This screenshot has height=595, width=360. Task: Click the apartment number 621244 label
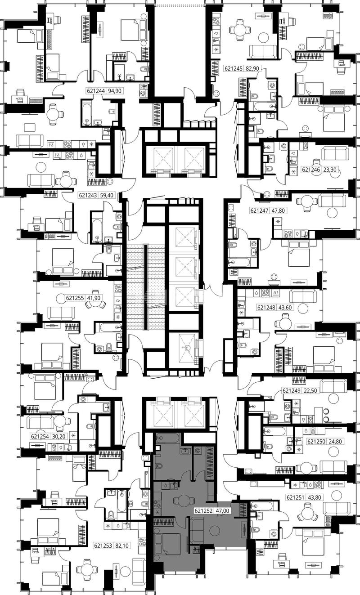[x=95, y=91]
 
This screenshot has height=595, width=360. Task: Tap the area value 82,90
[x=252, y=68]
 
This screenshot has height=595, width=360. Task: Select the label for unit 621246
[x=310, y=170]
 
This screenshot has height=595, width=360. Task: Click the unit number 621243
[x=87, y=196]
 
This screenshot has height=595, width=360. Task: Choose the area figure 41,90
[x=94, y=298]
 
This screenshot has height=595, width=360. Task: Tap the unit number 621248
[x=266, y=308]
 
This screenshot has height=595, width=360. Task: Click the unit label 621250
[x=316, y=442]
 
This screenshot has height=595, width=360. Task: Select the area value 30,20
[x=59, y=436]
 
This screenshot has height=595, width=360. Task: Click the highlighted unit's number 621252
[x=203, y=510]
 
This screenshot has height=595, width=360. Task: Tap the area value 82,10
[x=122, y=546]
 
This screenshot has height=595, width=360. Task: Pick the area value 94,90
[x=115, y=91]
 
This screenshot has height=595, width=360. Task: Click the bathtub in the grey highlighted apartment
[x=168, y=438]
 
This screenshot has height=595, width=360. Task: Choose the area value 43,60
[x=285, y=308]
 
